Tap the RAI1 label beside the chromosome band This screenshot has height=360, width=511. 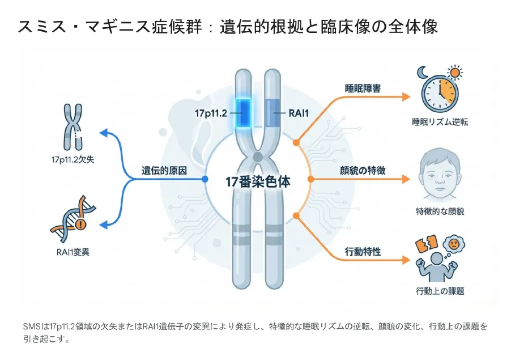tap(299, 113)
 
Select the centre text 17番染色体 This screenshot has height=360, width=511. tap(258, 183)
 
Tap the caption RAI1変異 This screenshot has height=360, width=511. tap(72, 252)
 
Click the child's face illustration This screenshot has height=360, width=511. tap(439, 176)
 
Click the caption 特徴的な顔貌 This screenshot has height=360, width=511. tap(440, 211)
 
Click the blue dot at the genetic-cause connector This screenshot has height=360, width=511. tap(205, 179)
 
